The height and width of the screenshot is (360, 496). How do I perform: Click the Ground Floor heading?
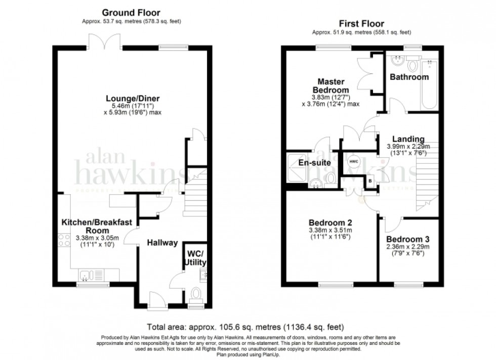(x=131, y=12)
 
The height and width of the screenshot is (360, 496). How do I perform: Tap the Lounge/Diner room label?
(x=131, y=98)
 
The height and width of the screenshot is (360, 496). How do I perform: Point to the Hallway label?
(x=162, y=243)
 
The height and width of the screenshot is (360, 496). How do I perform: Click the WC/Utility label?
(x=196, y=258)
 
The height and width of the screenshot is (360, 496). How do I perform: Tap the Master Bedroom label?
(x=331, y=85)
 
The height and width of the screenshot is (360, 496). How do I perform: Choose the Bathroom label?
(x=409, y=77)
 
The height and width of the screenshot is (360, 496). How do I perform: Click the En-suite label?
(x=314, y=163)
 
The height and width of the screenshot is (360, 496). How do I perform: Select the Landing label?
(x=408, y=140)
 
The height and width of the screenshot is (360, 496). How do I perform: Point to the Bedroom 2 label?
(x=330, y=222)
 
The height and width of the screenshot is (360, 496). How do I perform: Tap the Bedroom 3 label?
(x=404, y=239)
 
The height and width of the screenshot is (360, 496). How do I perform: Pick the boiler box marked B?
(x=370, y=181)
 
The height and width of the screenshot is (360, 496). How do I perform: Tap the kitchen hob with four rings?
(x=64, y=240)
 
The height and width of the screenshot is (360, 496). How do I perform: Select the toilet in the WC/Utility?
(x=196, y=294)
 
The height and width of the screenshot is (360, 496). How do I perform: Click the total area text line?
(x=247, y=327)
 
